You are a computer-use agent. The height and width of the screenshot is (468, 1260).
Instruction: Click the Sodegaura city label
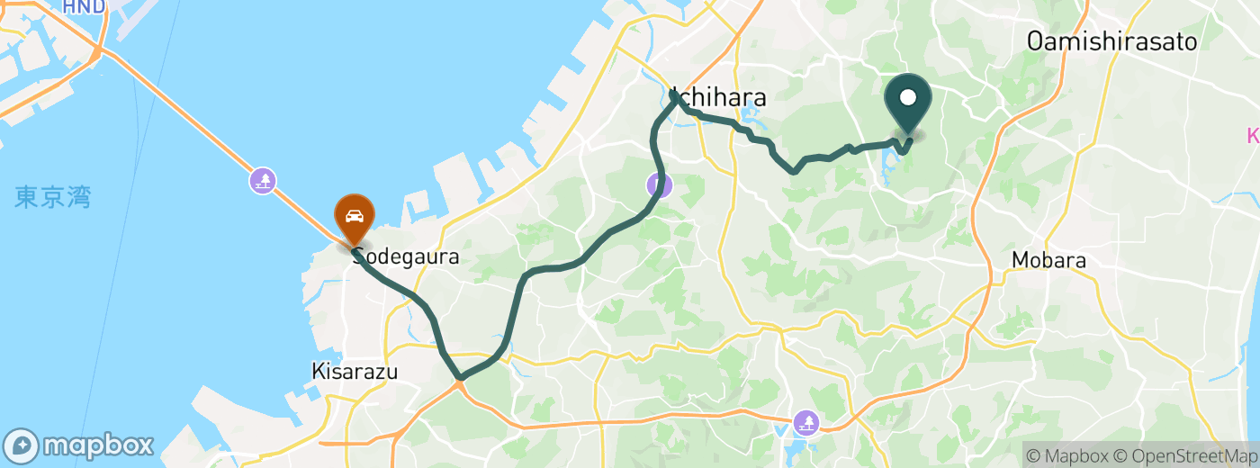(x=407, y=256)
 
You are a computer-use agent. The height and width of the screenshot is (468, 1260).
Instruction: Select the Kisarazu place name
(x=354, y=371)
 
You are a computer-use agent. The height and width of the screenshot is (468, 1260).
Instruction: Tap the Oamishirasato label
(x=1112, y=40)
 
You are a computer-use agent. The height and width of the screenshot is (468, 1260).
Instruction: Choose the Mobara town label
(x=1048, y=261)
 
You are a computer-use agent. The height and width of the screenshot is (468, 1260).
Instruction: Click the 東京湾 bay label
(x=53, y=198)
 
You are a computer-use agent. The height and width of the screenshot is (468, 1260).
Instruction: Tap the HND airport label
(x=84, y=7)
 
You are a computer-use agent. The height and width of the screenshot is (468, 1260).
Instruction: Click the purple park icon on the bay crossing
(x=263, y=181)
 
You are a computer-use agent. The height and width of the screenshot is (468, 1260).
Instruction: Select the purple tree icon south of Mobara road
(x=805, y=421)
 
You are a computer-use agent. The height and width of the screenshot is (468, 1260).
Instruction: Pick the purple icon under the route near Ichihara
(x=660, y=185)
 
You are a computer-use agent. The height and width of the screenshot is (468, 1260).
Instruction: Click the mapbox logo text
(x=98, y=445)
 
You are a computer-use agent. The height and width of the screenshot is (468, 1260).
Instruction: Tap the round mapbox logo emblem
(x=21, y=445)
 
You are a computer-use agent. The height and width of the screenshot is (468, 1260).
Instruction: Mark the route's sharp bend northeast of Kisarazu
(x=460, y=379)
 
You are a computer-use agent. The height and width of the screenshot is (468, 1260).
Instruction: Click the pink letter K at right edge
(x=1254, y=137)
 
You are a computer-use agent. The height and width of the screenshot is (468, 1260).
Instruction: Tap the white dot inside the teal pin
(x=908, y=97)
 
